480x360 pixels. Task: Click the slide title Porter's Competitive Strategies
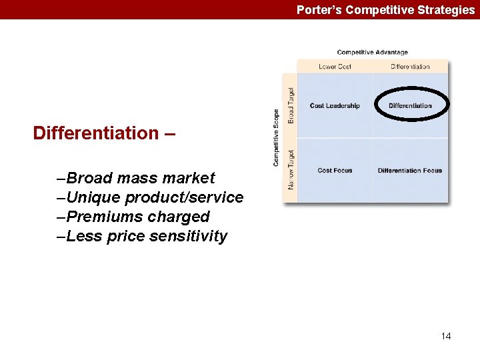tap(385, 10)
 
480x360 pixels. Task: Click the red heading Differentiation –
tap(105, 133)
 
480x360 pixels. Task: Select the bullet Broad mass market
tap(137, 178)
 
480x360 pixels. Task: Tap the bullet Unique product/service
tap(151, 197)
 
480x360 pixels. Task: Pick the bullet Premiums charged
tap(134, 217)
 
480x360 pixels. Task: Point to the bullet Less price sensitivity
tap(143, 236)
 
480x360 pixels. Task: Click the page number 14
tap(446, 336)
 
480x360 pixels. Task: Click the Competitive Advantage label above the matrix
tap(372, 53)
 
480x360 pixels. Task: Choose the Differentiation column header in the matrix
tap(410, 67)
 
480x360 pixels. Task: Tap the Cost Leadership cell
tap(335, 105)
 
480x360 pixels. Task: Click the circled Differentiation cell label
tap(410, 105)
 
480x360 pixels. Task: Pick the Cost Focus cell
tap(335, 171)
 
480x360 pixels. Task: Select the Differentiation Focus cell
tap(410, 171)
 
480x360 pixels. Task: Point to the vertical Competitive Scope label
tap(276, 138)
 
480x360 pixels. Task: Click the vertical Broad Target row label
tap(291, 105)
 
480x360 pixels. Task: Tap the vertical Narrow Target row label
tap(291, 170)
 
